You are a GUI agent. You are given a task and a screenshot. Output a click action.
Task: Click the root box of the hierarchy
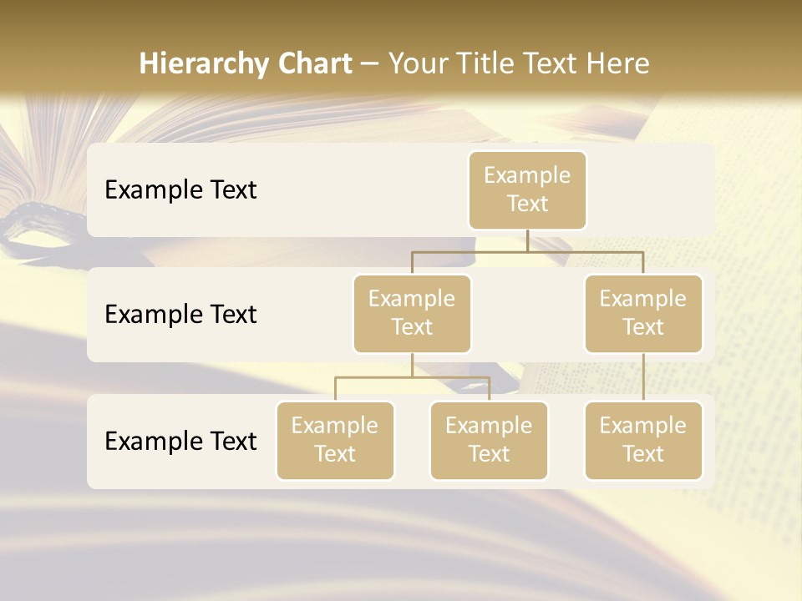tap(527, 189)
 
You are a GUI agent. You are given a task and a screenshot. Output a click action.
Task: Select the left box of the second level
tap(412, 313)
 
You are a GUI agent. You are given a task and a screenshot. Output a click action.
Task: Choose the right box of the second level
tap(643, 313)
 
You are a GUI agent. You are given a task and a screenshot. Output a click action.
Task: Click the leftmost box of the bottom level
tap(335, 440)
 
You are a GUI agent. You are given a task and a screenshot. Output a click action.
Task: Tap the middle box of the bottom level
tap(489, 440)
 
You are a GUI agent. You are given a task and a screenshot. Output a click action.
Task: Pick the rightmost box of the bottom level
tap(643, 440)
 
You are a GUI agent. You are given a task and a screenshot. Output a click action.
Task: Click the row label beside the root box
tap(180, 189)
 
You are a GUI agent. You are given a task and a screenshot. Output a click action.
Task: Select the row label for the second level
tap(180, 314)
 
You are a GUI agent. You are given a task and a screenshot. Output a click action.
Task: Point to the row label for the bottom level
tap(180, 441)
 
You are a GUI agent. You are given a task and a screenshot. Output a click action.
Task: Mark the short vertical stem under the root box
tap(527, 240)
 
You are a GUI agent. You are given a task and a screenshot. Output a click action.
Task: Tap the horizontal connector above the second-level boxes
tap(527, 251)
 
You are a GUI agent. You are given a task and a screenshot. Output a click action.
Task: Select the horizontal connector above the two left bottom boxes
tap(412, 377)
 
